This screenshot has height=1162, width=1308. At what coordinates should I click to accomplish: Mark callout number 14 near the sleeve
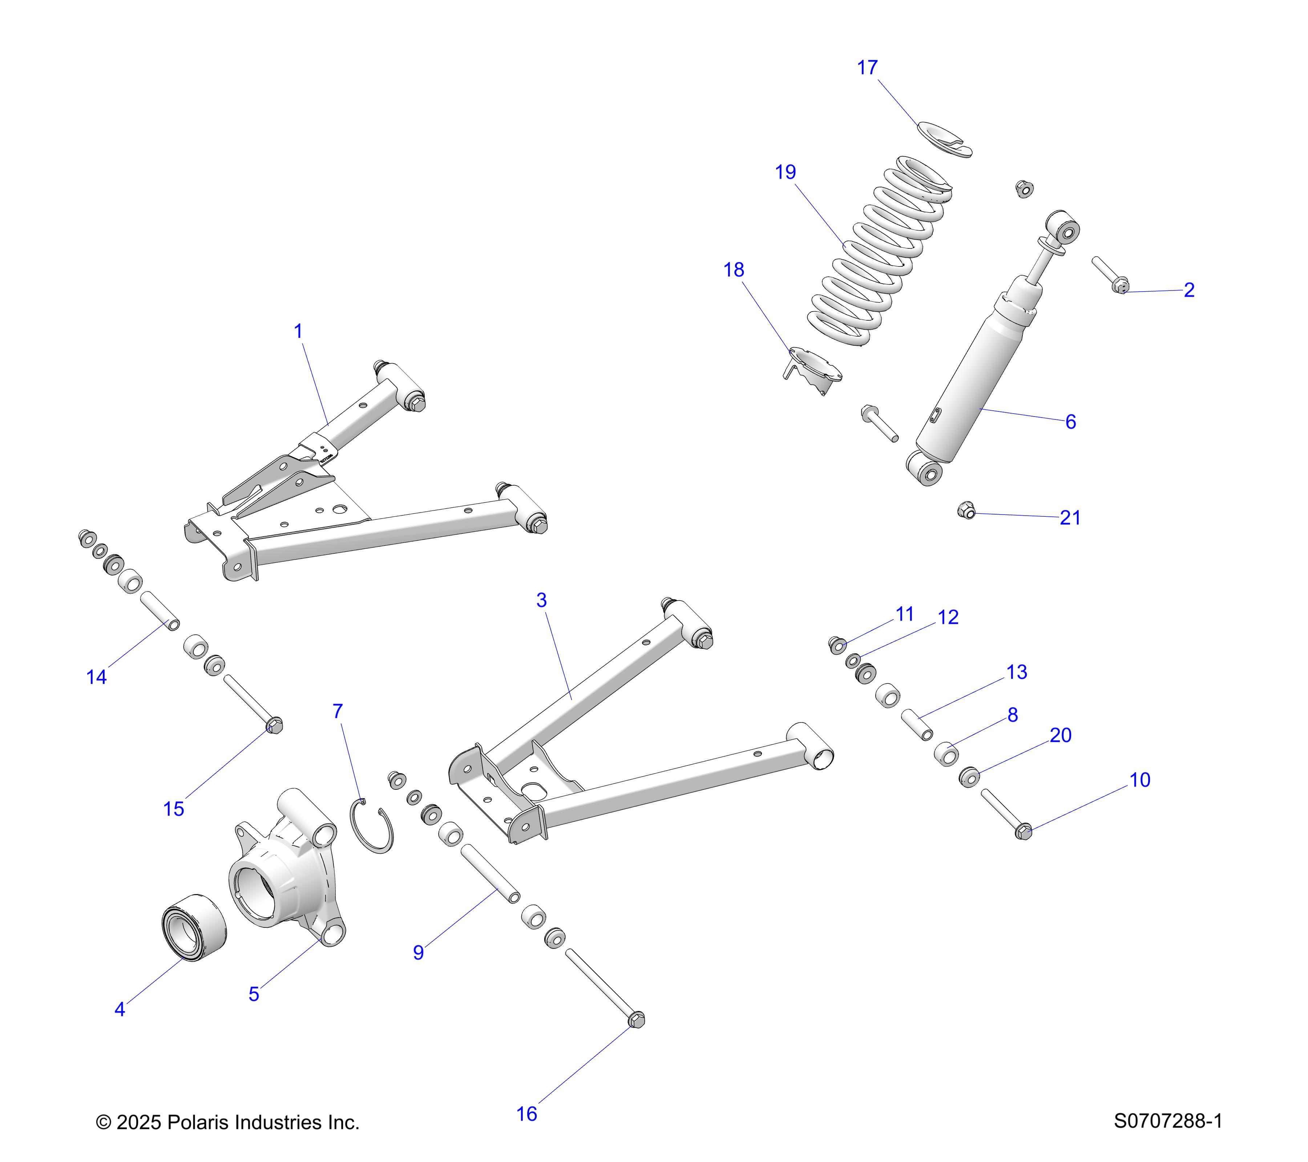(x=97, y=677)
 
